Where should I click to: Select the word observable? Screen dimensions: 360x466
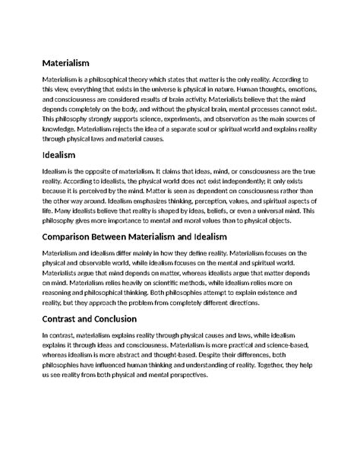pyautogui.click(x=96, y=263)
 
